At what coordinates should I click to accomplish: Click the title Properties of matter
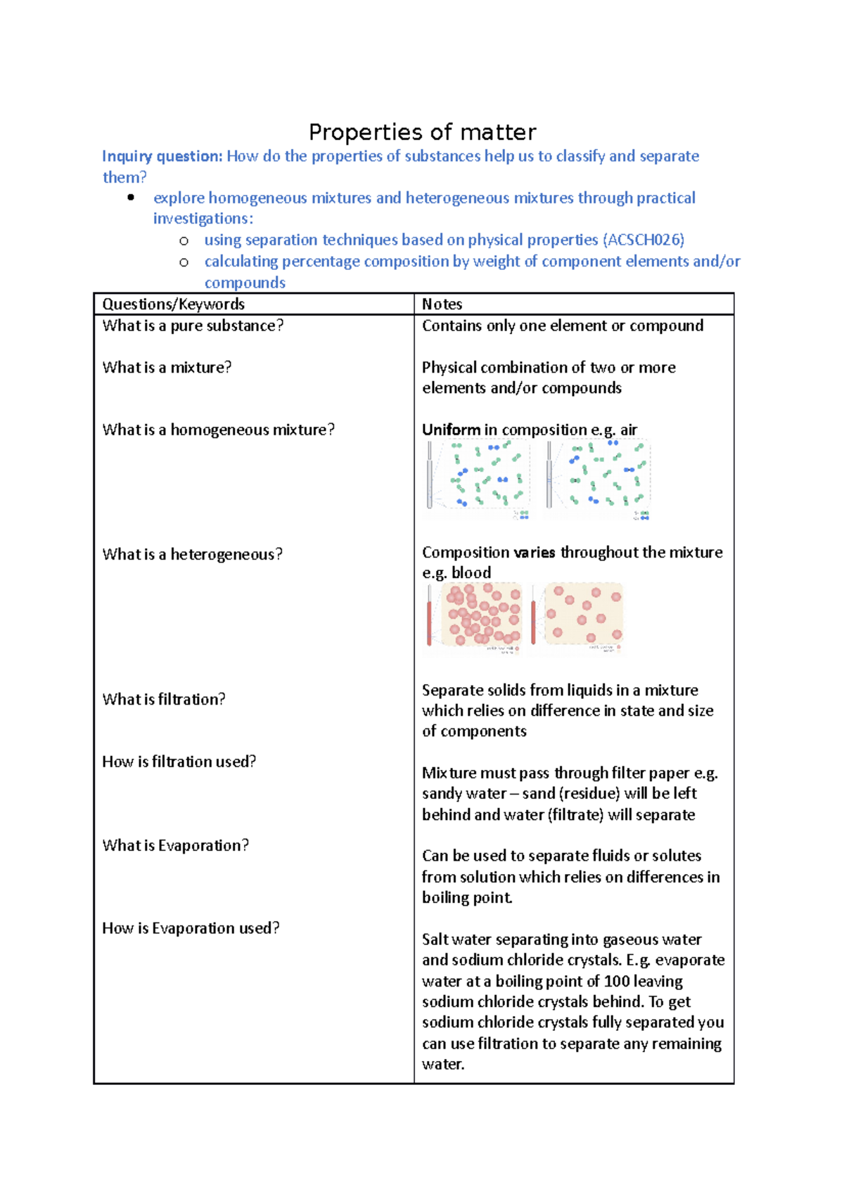click(422, 132)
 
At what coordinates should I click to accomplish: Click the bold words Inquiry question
click(162, 156)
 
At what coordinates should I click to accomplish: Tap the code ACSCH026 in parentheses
click(644, 240)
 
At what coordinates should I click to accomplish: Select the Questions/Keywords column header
click(173, 304)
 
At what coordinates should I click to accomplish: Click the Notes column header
click(442, 304)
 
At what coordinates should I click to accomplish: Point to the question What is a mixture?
click(167, 367)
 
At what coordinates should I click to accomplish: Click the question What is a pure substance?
click(193, 326)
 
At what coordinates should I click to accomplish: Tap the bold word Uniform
click(451, 430)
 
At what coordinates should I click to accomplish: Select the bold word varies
click(534, 553)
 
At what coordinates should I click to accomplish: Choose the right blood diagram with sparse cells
click(577, 616)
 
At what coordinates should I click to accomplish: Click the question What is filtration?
click(164, 699)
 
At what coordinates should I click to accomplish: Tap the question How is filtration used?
click(179, 762)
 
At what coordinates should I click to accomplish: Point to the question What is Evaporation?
click(175, 845)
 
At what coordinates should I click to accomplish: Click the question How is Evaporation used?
click(191, 928)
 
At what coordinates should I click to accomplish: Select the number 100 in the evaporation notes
click(617, 981)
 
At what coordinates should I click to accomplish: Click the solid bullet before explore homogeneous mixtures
click(131, 198)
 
